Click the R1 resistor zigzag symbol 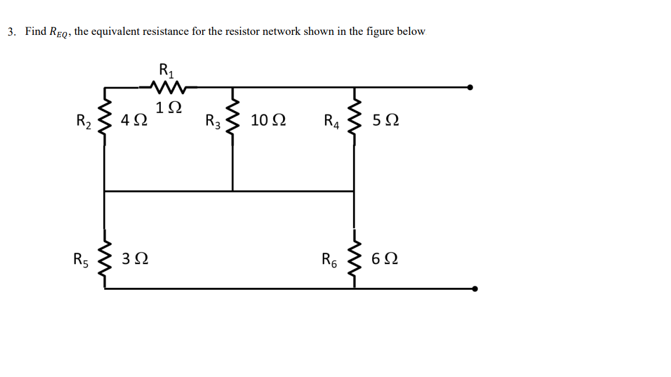click(x=167, y=88)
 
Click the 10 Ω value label click(x=268, y=121)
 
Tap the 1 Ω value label click(x=168, y=108)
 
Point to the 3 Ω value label click(x=135, y=258)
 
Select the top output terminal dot click(x=470, y=87)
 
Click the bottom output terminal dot click(x=476, y=289)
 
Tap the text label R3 click(x=213, y=122)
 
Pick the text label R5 click(x=80, y=259)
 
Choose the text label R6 click(x=330, y=259)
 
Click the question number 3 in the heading click(x=11, y=32)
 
